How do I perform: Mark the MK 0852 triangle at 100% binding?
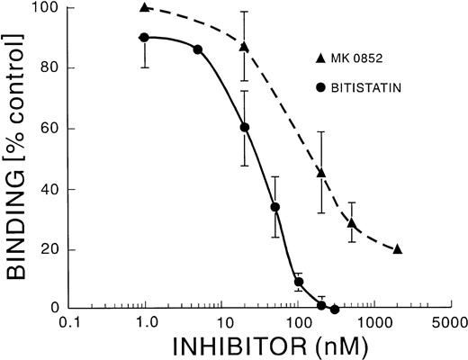coord(145,8)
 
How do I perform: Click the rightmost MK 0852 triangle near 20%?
coord(398,249)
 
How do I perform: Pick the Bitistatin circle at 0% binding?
coord(335,309)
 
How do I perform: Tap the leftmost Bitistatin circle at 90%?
coord(145,37)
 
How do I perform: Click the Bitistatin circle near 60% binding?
coord(245,127)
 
